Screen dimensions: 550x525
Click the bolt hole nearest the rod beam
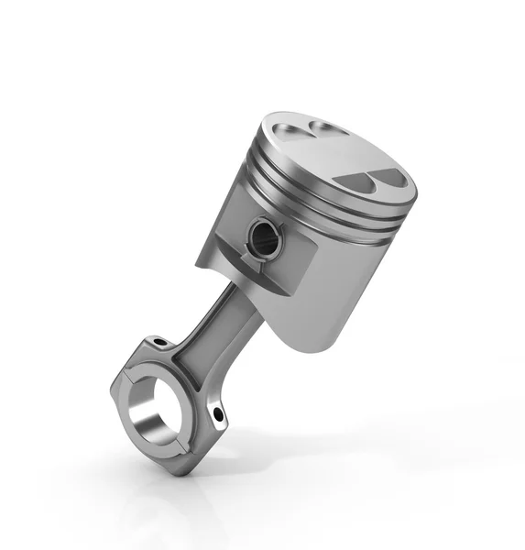(x=159, y=343)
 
